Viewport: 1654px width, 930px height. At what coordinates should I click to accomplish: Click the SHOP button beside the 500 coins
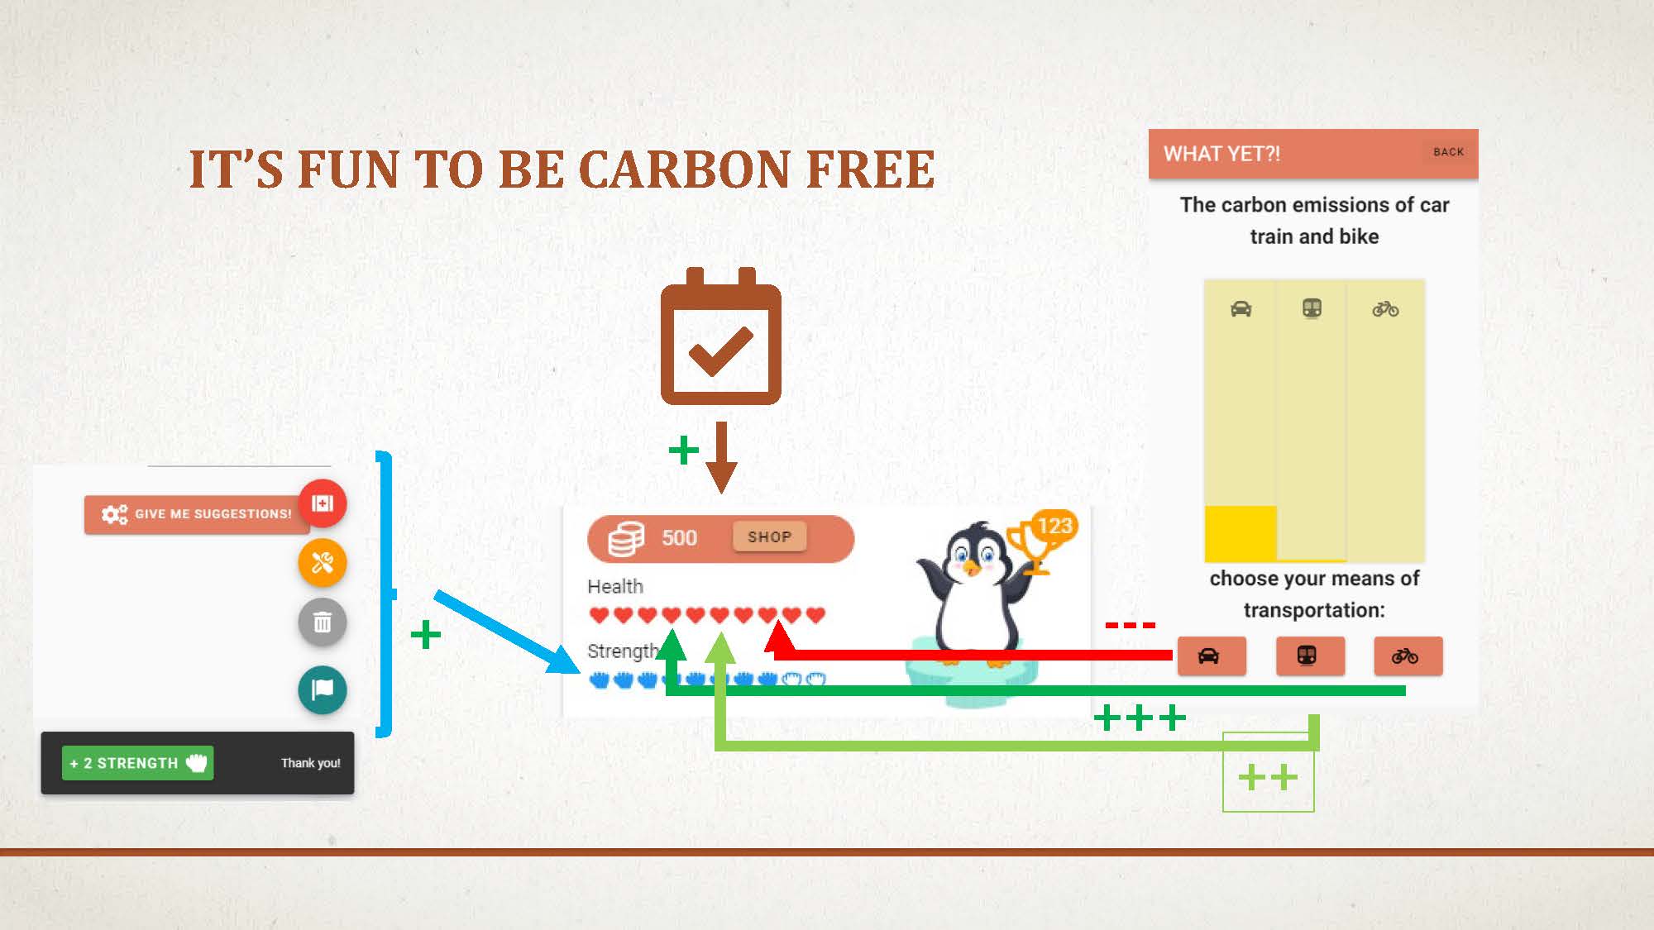pyautogui.click(x=769, y=537)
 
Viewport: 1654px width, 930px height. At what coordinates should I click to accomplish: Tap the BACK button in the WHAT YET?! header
pyautogui.click(x=1448, y=152)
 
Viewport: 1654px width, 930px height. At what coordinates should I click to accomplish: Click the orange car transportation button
pyautogui.click(x=1211, y=656)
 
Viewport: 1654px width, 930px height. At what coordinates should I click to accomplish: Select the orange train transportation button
pyautogui.click(x=1309, y=656)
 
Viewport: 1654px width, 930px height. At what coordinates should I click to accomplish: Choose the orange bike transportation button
pyautogui.click(x=1408, y=656)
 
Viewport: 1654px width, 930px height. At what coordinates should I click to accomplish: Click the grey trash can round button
pyautogui.click(x=323, y=622)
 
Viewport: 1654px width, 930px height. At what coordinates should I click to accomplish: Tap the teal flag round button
pyautogui.click(x=323, y=689)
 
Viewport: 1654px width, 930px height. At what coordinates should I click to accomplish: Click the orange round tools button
pyautogui.click(x=323, y=563)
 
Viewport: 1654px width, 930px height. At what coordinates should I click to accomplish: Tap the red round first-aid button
pyautogui.click(x=323, y=503)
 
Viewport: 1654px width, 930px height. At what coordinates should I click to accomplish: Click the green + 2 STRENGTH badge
pyautogui.click(x=137, y=763)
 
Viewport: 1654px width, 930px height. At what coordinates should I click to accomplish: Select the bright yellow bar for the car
pyautogui.click(x=1240, y=533)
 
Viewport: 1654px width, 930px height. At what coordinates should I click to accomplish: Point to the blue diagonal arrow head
pyautogui.click(x=565, y=662)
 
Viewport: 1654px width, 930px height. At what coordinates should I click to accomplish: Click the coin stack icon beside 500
pyautogui.click(x=626, y=538)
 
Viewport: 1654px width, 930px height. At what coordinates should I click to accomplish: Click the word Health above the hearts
pyautogui.click(x=614, y=586)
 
